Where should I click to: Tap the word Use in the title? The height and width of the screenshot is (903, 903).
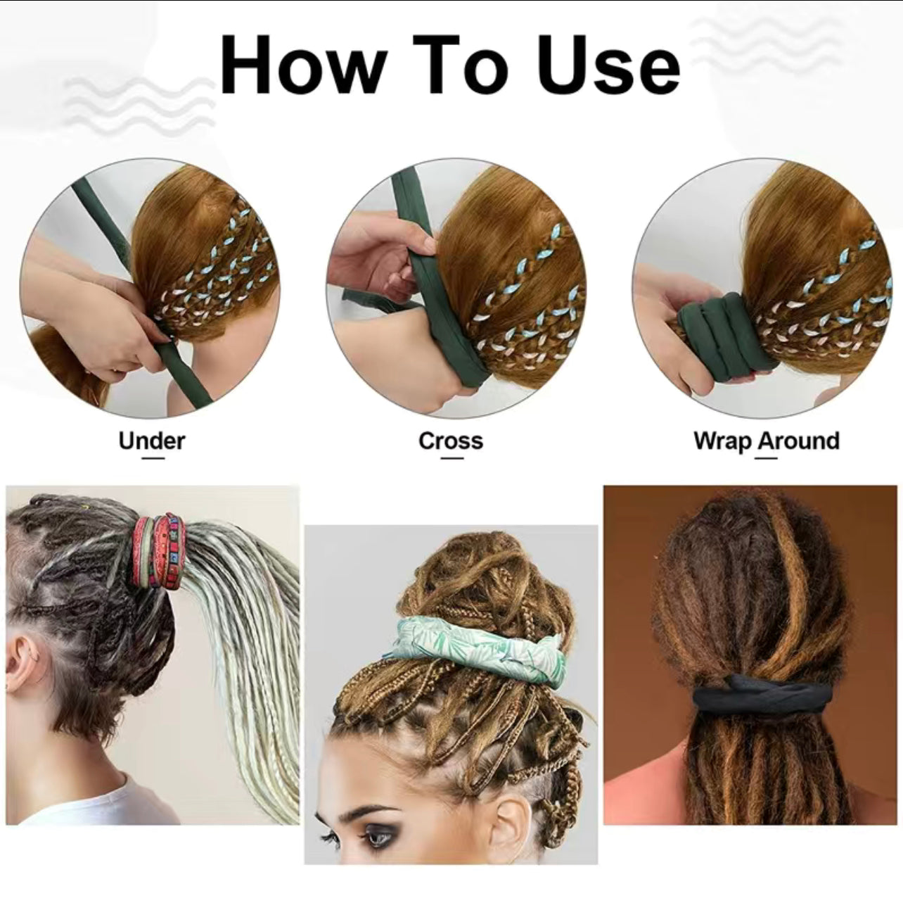coord(606,65)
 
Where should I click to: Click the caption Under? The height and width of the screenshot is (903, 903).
coord(151,441)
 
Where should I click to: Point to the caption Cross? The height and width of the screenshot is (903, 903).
coord(451,441)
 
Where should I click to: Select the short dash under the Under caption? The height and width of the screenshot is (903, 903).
coord(152,458)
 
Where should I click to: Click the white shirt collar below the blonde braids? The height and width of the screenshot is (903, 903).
coord(105,809)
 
